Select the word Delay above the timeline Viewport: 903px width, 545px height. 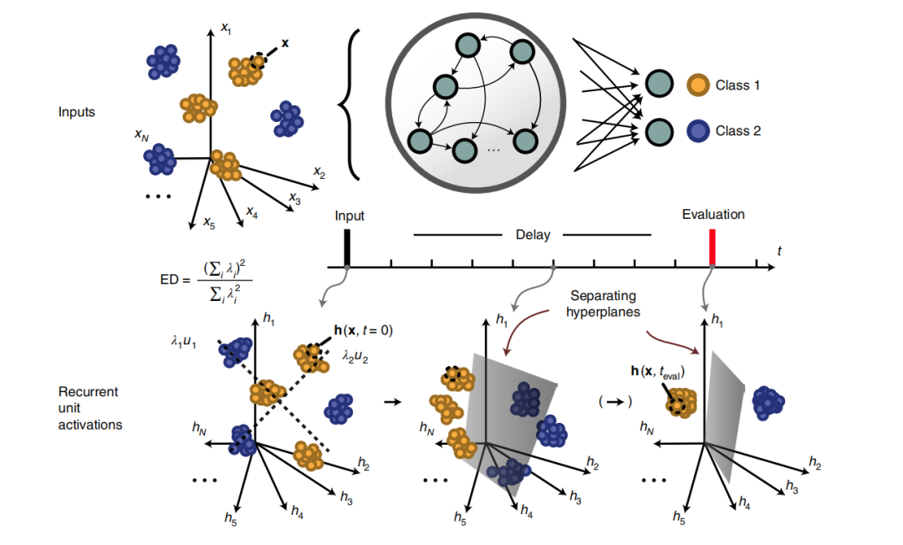tap(533, 235)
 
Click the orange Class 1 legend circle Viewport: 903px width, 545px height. tap(698, 84)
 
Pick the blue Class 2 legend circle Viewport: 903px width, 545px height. tap(698, 131)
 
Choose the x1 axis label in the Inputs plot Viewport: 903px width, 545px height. tap(226, 28)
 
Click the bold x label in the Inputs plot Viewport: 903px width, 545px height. tap(285, 41)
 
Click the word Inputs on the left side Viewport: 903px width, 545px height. tap(77, 111)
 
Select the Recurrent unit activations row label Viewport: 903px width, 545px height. tap(89, 408)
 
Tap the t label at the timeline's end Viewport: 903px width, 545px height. tap(779, 251)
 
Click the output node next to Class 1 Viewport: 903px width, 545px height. tap(659, 84)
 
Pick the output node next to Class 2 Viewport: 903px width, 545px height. tap(659, 131)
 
